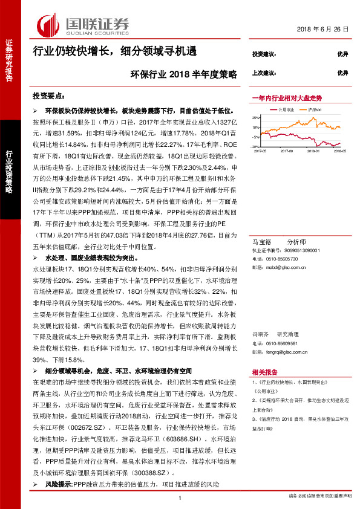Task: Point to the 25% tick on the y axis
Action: (x=257, y=118)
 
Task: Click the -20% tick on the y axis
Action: (x=256, y=146)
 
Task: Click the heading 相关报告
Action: (x=264, y=372)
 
